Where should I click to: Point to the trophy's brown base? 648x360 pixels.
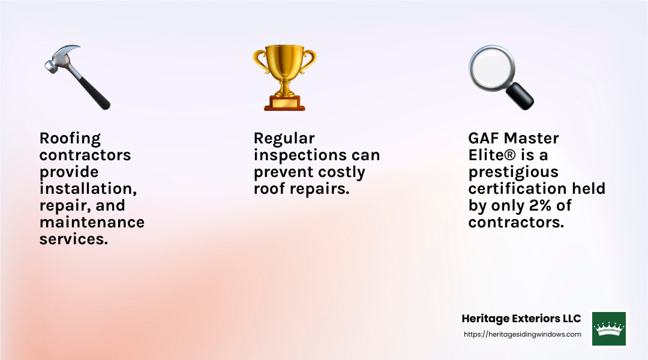(284, 103)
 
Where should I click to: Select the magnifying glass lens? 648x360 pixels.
(490, 67)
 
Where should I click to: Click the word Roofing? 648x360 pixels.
(70, 139)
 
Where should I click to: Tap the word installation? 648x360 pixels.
(88, 188)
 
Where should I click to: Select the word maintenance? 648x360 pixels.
(92, 222)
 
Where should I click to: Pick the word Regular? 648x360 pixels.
(284, 139)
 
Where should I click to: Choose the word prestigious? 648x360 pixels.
(513, 172)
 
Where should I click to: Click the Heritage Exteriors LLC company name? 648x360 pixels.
(521, 319)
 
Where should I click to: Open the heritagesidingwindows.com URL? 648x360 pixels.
(522, 334)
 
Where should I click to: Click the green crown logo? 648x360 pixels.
(609, 328)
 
